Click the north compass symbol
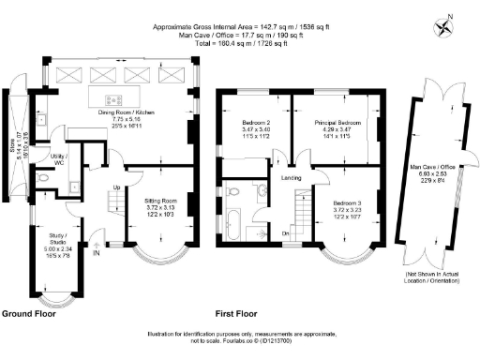[449, 18]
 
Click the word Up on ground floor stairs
[115, 187]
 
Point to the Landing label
[290, 177]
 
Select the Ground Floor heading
[30, 313]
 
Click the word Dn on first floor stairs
[285, 233]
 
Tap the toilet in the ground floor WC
[43, 178]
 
